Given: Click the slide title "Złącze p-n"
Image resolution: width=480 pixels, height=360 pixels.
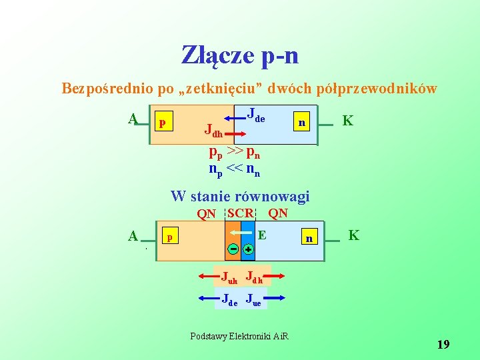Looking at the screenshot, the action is pos(240,55).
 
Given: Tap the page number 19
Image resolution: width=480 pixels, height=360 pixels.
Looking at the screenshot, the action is pos(443,345).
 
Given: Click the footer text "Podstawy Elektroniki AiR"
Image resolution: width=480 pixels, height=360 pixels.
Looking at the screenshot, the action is pos(239,335).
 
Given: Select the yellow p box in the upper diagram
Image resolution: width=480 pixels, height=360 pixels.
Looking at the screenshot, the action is pos(162,123).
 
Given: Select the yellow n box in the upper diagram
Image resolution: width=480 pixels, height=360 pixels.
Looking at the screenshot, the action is pos(302,123).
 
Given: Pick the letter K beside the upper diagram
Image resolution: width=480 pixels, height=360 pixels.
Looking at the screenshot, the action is pos(347,121).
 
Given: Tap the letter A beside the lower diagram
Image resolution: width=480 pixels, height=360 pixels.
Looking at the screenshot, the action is pos(133,235).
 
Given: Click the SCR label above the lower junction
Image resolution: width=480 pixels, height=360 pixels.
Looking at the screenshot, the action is pos(240,213).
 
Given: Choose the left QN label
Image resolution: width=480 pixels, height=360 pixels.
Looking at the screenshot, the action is pos(207,214).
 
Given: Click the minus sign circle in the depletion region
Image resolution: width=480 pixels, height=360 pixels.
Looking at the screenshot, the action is pos(233,249).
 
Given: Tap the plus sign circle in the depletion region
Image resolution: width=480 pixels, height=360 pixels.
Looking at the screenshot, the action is pos(247,249).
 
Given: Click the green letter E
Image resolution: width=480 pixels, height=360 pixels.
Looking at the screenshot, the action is pos(262,235).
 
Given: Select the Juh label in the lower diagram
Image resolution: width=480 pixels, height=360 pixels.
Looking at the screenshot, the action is pos(229,277).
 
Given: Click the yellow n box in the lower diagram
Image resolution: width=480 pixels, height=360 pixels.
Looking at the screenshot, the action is pos(308,238).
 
